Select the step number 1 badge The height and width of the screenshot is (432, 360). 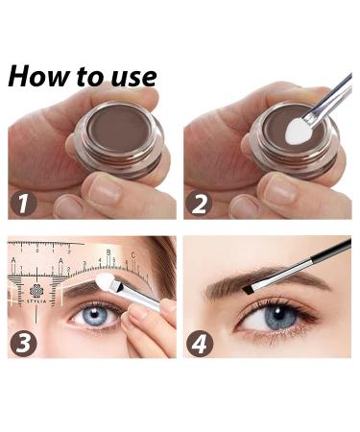(x=23, y=204)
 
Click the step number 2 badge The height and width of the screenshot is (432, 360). (x=200, y=204)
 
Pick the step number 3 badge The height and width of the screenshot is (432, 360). (x=23, y=343)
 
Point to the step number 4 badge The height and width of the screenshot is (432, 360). (x=200, y=343)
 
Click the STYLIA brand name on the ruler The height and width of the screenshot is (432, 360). (x=36, y=301)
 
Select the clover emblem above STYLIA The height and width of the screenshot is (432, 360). (x=36, y=291)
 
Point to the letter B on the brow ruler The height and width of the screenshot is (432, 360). (x=108, y=252)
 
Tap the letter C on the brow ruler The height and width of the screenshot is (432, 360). (x=133, y=255)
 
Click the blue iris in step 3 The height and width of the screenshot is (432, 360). (x=94, y=315)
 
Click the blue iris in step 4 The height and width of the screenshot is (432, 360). (x=279, y=316)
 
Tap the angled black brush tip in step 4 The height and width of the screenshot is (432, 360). (x=248, y=290)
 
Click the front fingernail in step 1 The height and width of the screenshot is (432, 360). (x=105, y=190)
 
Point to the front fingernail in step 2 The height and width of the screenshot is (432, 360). (x=279, y=190)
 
